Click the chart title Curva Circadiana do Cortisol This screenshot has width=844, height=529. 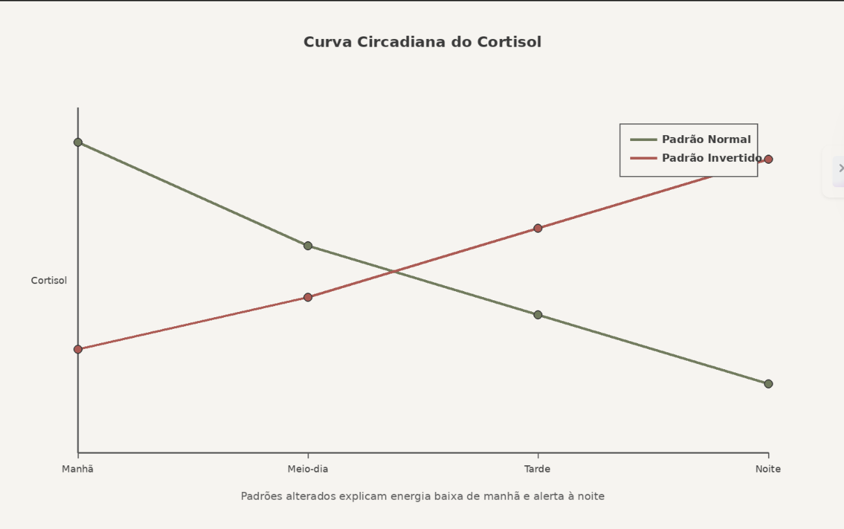click(422, 42)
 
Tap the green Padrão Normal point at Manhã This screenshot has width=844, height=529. click(78, 142)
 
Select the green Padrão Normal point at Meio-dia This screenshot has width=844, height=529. click(308, 246)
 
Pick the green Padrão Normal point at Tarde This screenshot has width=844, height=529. click(538, 315)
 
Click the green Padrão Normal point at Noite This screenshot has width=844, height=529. click(768, 384)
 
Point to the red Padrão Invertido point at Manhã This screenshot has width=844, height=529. click(78, 350)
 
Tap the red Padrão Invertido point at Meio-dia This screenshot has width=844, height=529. click(308, 298)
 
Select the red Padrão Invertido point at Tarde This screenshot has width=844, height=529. click(538, 228)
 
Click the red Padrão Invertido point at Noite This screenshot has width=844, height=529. click(768, 159)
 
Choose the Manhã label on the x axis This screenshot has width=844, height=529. click(78, 469)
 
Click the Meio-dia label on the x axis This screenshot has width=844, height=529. click(308, 469)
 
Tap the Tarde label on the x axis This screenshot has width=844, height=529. click(538, 469)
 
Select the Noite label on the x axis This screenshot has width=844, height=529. click(768, 469)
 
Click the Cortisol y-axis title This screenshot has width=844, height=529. click(49, 281)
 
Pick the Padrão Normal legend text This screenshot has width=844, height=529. click(706, 140)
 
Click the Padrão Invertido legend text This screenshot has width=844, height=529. click(711, 159)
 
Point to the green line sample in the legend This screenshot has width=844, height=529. click(644, 140)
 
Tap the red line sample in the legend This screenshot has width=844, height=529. click(644, 159)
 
